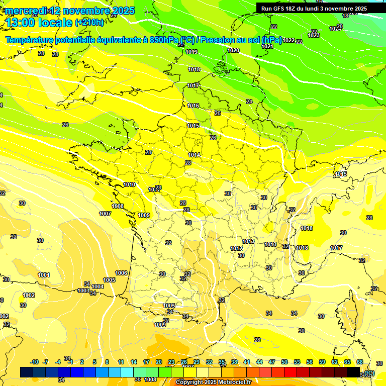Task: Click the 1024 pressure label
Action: [335, 29]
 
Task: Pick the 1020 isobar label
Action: [233, 50]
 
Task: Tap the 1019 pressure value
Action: [191, 52]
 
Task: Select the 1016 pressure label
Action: [193, 106]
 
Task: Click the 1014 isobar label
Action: [195, 155]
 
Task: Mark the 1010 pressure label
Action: [129, 184]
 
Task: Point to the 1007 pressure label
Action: [105, 214]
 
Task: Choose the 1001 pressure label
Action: [44, 275]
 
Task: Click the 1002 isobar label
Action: [29, 295]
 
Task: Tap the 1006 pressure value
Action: [121, 273]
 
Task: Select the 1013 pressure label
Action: [248, 241]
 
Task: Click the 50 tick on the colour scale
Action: [284, 362]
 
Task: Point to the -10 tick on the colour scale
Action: [35, 362]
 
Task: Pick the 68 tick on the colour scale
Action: [359, 362]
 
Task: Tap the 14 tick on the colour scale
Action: [134, 362]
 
